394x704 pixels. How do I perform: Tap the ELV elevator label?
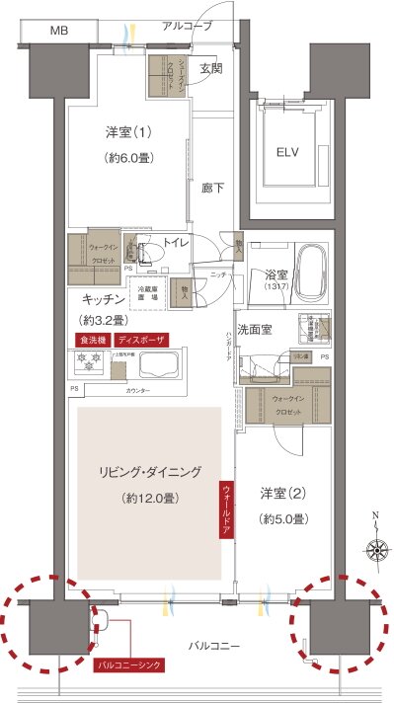[287, 152]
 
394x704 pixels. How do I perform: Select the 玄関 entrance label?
[210, 68]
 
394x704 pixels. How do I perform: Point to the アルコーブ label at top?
[187, 27]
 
